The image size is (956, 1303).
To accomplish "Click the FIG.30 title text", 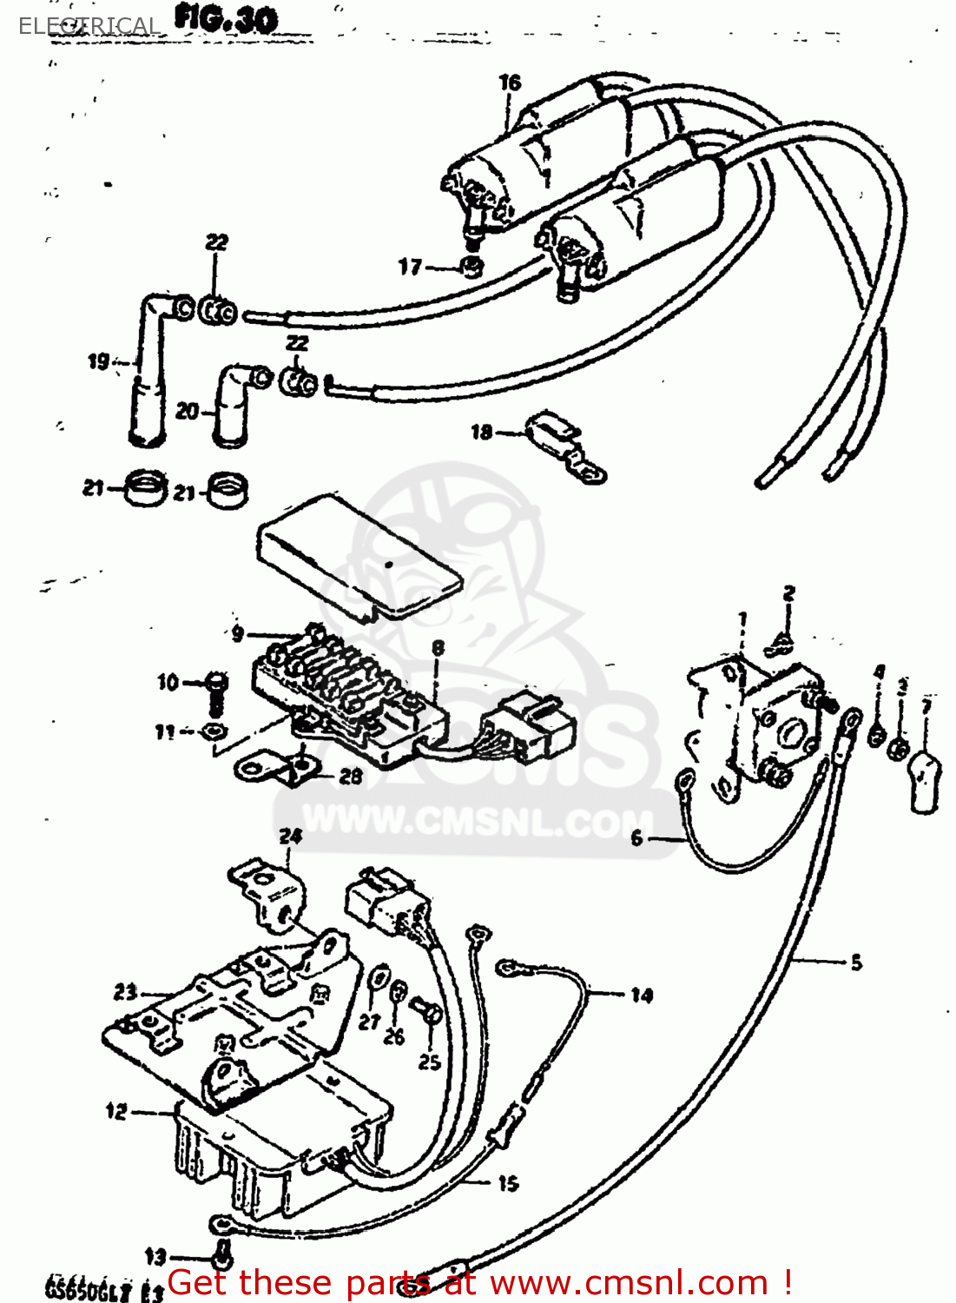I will click(226, 19).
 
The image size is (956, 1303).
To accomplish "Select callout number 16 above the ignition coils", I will click(510, 83).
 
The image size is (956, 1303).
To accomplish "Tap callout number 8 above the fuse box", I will click(438, 648).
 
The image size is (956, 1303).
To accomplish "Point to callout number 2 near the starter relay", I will click(788, 594).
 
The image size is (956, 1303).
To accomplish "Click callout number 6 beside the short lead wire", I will click(636, 838).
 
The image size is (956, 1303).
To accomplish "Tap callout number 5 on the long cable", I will click(856, 962).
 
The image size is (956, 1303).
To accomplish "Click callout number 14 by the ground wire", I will click(642, 995).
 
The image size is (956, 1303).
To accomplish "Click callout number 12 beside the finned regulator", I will click(117, 1111).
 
